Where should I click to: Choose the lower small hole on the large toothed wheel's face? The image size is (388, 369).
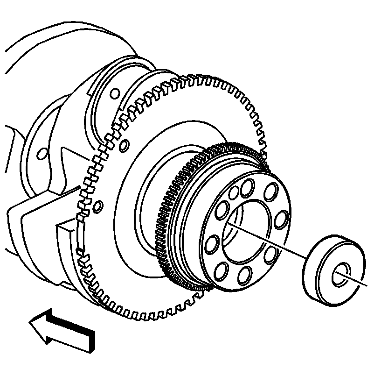97,205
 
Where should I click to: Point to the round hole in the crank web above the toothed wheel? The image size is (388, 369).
114,93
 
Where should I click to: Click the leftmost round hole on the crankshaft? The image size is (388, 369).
42,153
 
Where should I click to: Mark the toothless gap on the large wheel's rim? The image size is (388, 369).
79,234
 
